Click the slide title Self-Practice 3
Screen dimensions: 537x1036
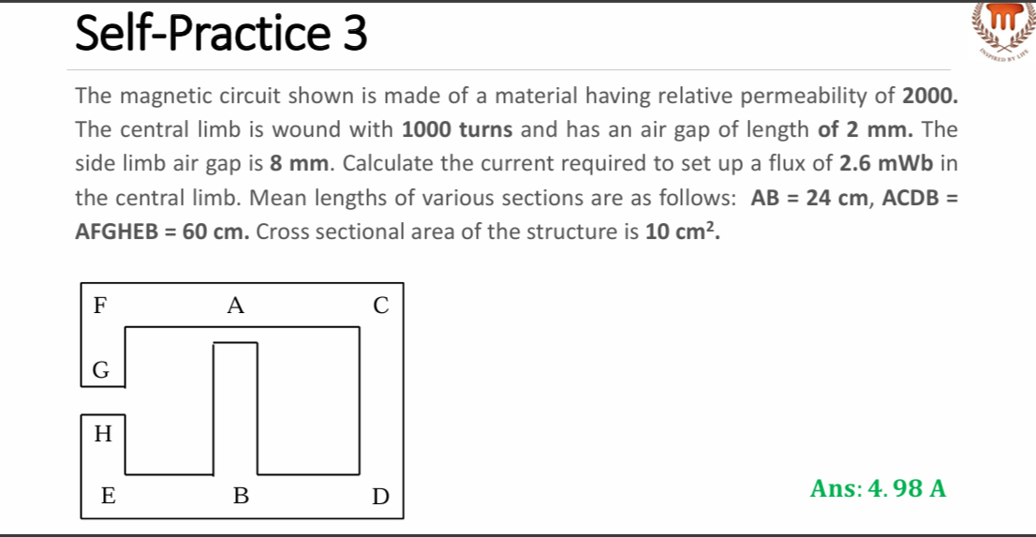pyautogui.click(x=220, y=34)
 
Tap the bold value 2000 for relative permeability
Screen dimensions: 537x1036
pyautogui.click(x=929, y=96)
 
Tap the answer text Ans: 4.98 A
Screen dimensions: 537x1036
pyautogui.click(x=879, y=488)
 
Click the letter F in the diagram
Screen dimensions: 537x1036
pyautogui.click(x=99, y=305)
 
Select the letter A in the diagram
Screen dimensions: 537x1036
pyautogui.click(x=235, y=305)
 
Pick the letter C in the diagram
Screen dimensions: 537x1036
pyautogui.click(x=379, y=305)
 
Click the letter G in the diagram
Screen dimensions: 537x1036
pyautogui.click(x=101, y=371)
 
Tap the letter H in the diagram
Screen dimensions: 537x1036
pyautogui.click(x=103, y=433)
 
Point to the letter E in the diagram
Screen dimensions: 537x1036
pyautogui.click(x=109, y=497)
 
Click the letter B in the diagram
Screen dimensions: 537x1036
pyautogui.click(x=241, y=497)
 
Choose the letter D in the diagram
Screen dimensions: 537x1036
pyautogui.click(x=379, y=497)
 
